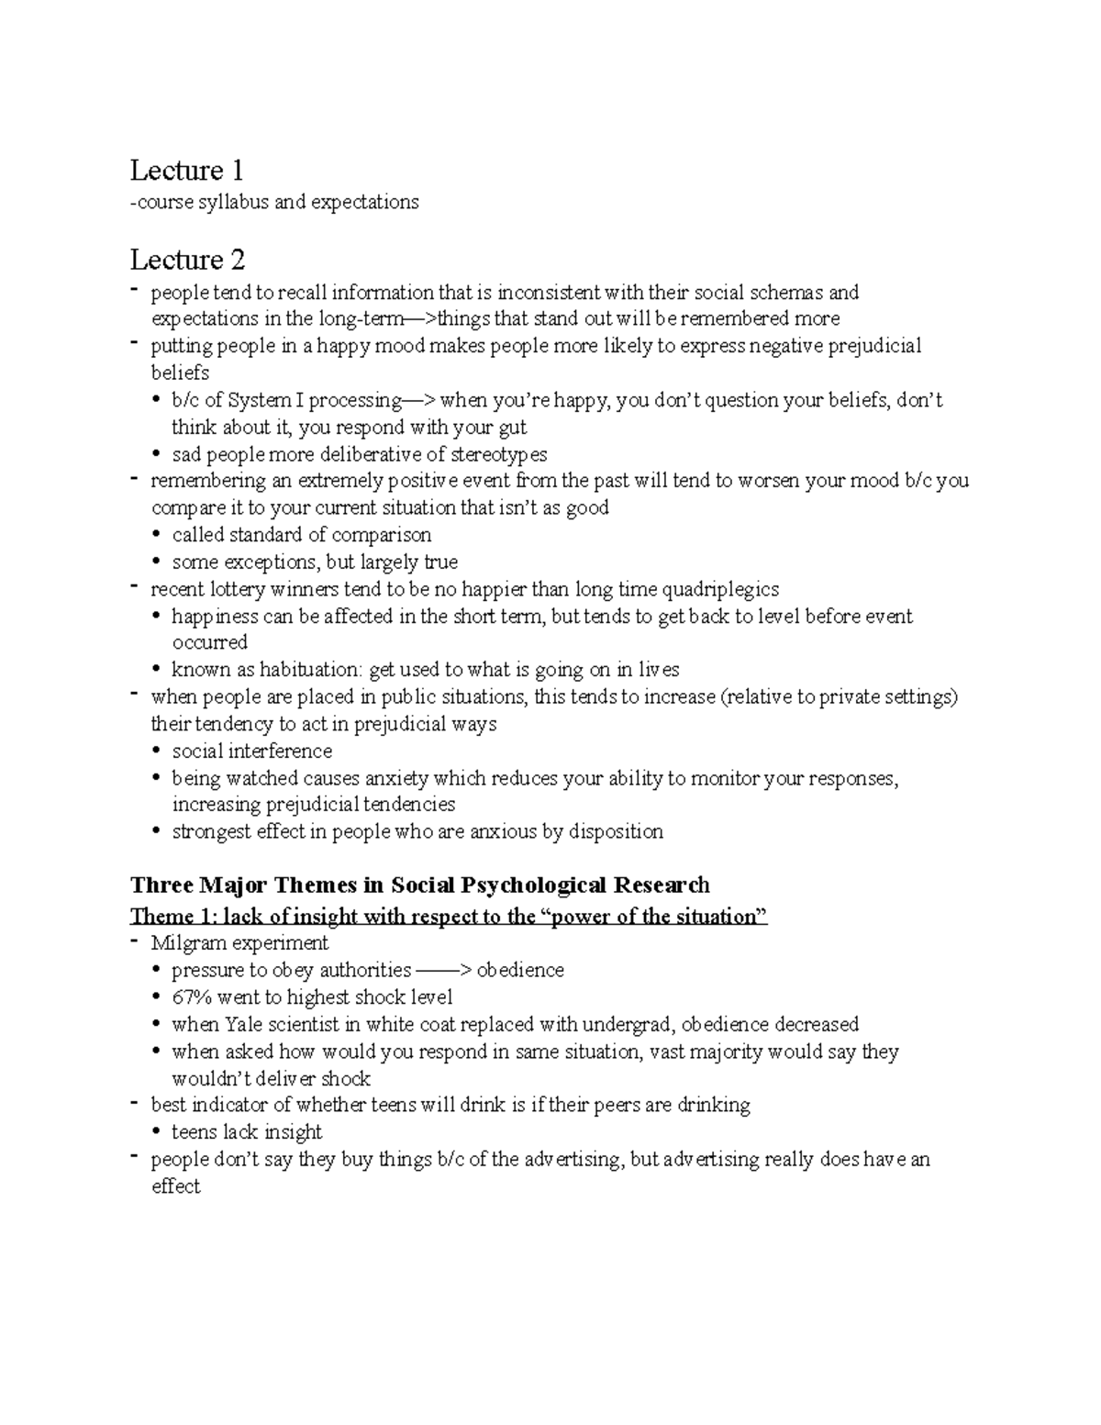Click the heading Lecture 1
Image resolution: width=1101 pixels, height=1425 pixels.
(x=187, y=171)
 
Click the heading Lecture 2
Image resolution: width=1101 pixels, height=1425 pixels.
(x=187, y=261)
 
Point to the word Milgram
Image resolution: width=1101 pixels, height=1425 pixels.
(x=188, y=943)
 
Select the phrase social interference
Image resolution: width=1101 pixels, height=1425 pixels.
(x=252, y=751)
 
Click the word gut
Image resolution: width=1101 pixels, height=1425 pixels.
(x=512, y=428)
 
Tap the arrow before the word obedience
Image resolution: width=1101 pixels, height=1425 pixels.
(x=443, y=971)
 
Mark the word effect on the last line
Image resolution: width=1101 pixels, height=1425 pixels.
(x=175, y=1186)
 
